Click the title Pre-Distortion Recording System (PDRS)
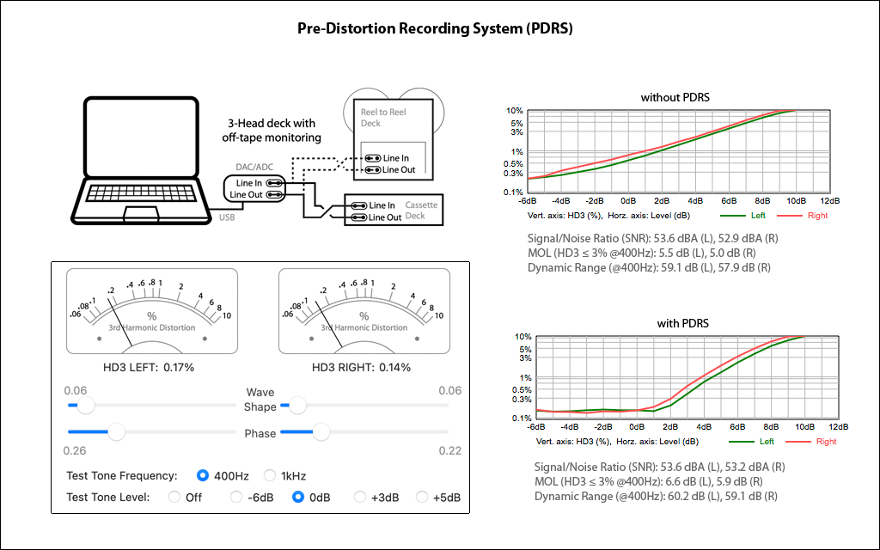(x=435, y=28)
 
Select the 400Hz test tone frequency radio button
(x=203, y=475)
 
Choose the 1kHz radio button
(x=270, y=475)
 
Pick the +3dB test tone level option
(x=361, y=497)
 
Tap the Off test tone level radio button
(x=174, y=497)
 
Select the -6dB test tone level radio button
(x=236, y=497)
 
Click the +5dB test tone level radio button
(x=422, y=497)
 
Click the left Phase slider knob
(x=115, y=431)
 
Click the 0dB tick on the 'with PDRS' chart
(x=637, y=427)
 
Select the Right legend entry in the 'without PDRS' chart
(x=806, y=216)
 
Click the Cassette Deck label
(x=421, y=211)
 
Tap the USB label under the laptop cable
(x=226, y=217)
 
